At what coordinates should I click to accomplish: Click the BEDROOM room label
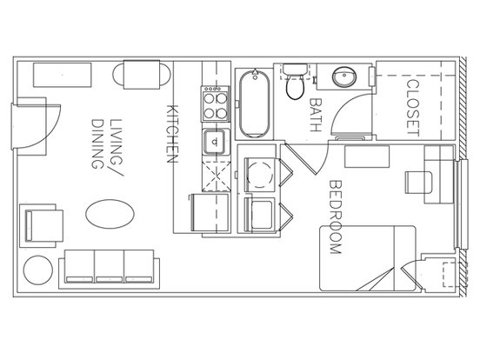point(335,217)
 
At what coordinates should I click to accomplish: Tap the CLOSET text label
point(413,108)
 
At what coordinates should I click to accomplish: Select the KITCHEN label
point(172,134)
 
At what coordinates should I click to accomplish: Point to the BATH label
point(316,115)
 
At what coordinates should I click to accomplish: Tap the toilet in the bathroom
point(295,82)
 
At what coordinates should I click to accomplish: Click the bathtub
point(255,103)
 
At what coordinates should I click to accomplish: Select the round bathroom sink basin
point(344,77)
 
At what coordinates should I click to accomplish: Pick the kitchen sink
point(216,142)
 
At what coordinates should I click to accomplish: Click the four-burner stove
point(216,103)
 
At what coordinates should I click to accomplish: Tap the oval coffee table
point(110,214)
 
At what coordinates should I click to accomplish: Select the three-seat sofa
point(110,270)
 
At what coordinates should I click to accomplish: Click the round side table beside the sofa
point(38,270)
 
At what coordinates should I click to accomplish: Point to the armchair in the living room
point(42,225)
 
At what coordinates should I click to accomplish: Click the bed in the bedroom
point(368,258)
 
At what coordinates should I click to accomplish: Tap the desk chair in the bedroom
point(418,183)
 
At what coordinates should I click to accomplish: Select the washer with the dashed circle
point(260,175)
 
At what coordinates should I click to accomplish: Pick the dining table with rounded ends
point(142,75)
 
